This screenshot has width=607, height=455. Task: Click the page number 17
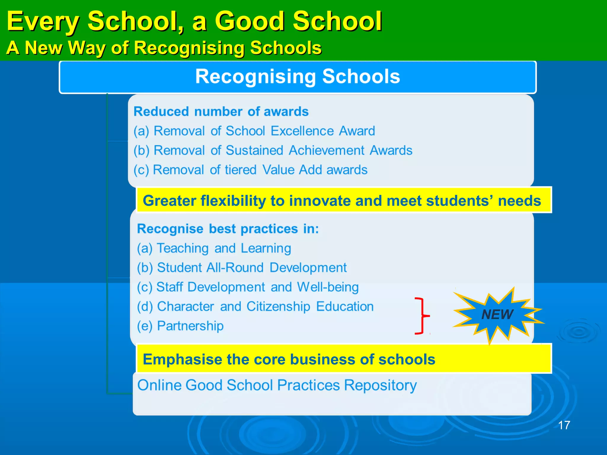(x=564, y=425)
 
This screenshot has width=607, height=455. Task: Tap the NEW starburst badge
(x=497, y=314)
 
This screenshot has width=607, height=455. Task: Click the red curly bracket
(x=421, y=316)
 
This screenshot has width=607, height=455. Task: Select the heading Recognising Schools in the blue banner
(x=298, y=76)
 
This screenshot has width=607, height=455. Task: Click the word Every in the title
(x=43, y=21)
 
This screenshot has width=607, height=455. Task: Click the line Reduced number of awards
(x=221, y=112)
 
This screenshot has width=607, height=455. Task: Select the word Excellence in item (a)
(x=302, y=131)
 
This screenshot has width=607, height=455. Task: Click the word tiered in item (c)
(x=240, y=170)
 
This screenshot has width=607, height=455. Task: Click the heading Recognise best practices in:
(x=228, y=229)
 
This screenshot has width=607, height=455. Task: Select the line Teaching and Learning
(x=223, y=248)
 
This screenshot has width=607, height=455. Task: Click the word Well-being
(x=328, y=287)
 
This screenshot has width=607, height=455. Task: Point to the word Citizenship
(x=278, y=307)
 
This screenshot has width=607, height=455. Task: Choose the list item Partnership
(x=190, y=326)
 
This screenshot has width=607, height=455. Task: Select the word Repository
(x=380, y=385)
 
